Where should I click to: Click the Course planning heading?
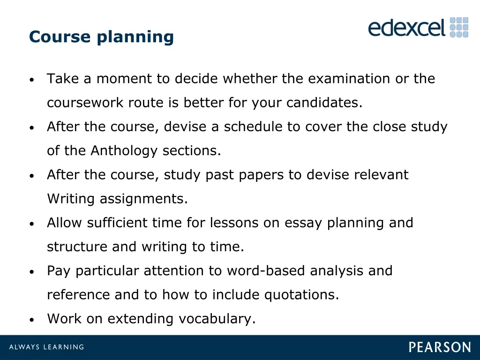101,37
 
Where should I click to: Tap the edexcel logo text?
406,28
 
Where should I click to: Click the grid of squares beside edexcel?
459,28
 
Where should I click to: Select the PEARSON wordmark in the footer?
440,347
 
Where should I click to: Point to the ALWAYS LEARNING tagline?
47,347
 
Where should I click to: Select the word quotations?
301,295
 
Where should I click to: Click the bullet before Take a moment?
31,80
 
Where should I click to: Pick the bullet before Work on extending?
31,320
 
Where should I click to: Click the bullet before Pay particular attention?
31,272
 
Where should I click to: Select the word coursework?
85,103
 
